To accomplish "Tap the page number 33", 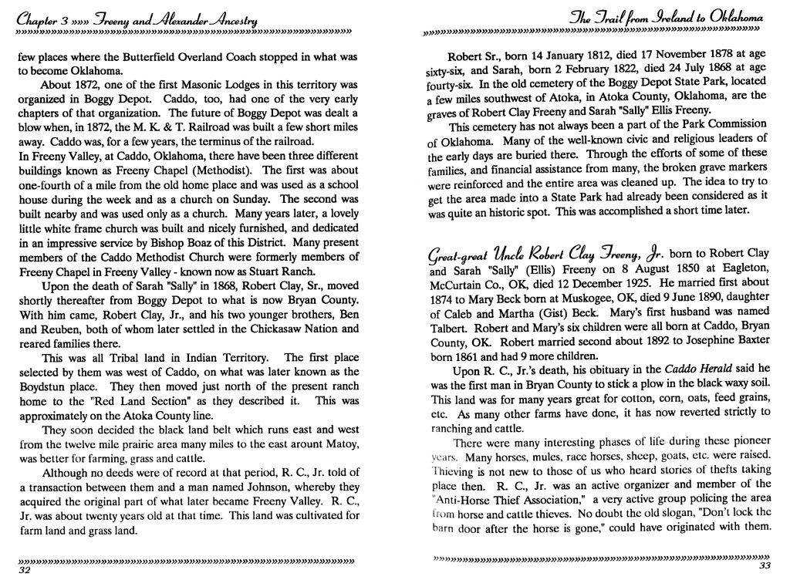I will click(x=764, y=565).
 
